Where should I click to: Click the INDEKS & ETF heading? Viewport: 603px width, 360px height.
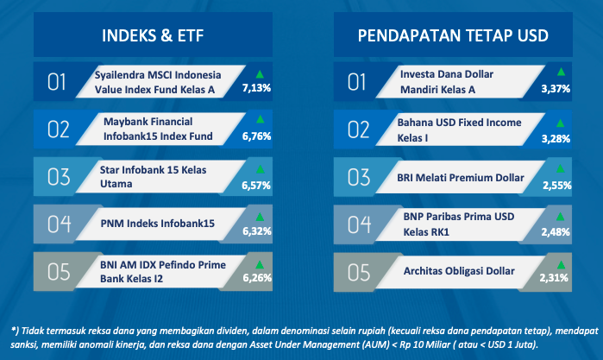[153, 35]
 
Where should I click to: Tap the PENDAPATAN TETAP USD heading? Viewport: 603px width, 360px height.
[453, 35]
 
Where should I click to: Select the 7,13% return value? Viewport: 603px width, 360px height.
[256, 88]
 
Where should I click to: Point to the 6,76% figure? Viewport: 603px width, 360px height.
[256, 136]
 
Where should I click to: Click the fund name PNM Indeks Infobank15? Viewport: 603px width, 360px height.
[158, 224]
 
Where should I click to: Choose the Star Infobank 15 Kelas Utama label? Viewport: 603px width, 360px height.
[153, 177]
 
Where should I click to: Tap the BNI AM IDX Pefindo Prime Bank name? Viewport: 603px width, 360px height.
[163, 272]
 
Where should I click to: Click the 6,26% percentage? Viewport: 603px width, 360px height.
[257, 278]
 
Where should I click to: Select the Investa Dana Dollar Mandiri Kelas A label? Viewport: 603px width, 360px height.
[447, 82]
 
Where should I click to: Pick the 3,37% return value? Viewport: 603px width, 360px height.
[556, 89]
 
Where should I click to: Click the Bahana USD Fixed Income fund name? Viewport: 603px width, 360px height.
[460, 130]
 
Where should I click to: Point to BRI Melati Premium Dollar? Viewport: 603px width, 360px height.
[461, 178]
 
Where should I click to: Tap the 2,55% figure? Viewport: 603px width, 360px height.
[557, 186]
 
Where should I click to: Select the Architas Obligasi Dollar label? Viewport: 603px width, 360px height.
[459, 271]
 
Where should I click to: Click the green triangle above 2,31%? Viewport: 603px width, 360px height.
[561, 264]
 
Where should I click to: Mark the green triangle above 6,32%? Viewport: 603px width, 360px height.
[260, 217]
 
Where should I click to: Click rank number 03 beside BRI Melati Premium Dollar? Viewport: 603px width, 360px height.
[359, 177]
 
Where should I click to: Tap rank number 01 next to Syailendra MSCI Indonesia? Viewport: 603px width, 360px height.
[57, 82]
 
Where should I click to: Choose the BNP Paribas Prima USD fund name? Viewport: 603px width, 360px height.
[459, 224]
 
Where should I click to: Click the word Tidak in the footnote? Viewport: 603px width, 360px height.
[32, 331]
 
